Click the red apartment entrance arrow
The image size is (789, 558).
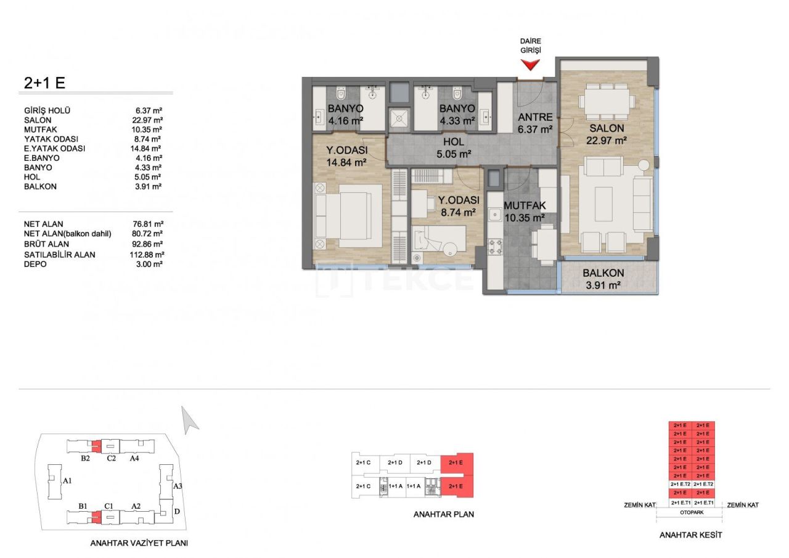530,65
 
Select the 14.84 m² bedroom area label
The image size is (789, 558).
346,163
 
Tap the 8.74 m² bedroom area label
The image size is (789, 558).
457,212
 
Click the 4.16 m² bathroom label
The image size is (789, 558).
345,121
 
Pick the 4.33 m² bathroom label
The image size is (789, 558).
456,121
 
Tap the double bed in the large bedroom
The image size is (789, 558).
345,213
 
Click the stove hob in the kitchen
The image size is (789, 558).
496,249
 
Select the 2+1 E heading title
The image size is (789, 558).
45,83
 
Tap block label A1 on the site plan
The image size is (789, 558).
68,480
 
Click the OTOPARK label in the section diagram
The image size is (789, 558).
692,512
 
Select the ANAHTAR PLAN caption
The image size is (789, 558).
444,514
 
